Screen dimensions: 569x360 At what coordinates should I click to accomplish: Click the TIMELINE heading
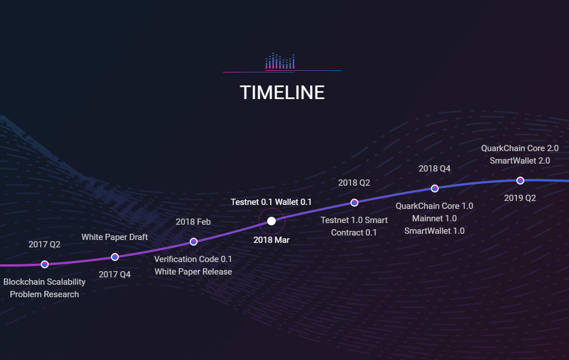(283, 92)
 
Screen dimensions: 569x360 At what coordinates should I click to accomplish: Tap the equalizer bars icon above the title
(280, 61)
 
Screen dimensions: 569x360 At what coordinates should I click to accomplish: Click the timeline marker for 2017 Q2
(45, 264)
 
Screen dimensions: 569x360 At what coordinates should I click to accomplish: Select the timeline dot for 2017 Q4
(115, 257)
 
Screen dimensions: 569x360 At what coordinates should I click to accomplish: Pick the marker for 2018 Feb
(194, 242)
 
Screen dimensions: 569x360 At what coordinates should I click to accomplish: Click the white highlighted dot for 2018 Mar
(271, 221)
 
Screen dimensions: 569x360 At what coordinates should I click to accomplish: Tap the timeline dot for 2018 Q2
(354, 203)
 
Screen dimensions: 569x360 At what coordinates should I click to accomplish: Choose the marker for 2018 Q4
(434, 188)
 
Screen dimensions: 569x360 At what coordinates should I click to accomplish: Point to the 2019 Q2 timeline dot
(520, 181)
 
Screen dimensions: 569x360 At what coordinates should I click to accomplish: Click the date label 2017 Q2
(44, 245)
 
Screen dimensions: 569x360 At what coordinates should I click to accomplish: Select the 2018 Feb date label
(193, 222)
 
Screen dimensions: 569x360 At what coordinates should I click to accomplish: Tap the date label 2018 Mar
(271, 240)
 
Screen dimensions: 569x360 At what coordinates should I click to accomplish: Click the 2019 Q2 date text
(520, 198)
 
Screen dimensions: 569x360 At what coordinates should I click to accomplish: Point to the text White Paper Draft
(115, 237)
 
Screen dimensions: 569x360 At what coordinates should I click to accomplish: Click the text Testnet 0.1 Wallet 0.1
(271, 202)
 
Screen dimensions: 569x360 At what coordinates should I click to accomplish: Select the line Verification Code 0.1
(193, 259)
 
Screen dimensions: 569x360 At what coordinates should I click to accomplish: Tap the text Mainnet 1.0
(434, 218)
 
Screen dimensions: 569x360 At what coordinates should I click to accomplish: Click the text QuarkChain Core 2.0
(520, 148)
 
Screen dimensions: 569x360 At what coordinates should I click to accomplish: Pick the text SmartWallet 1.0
(434, 231)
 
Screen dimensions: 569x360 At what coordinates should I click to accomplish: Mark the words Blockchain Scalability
(44, 282)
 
